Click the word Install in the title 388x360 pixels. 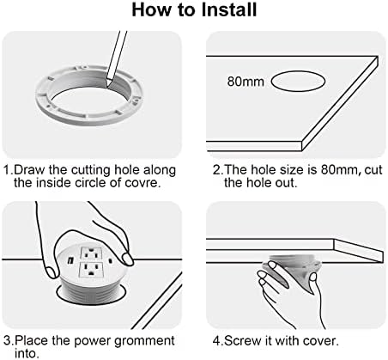point(228,9)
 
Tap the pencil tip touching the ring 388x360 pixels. point(107,86)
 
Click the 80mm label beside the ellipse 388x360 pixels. point(246,82)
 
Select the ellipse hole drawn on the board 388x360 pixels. point(298,82)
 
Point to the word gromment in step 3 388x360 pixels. point(144,341)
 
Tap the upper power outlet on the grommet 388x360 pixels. point(91,253)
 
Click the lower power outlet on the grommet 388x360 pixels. point(91,270)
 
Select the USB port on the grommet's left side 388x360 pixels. point(70,260)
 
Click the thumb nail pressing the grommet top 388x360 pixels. point(126,259)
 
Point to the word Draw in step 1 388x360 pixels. point(29,170)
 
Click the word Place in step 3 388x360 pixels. point(31,341)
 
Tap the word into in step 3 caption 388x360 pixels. point(25,353)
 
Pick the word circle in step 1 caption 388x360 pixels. point(90,182)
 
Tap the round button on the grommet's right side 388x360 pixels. point(110,261)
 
